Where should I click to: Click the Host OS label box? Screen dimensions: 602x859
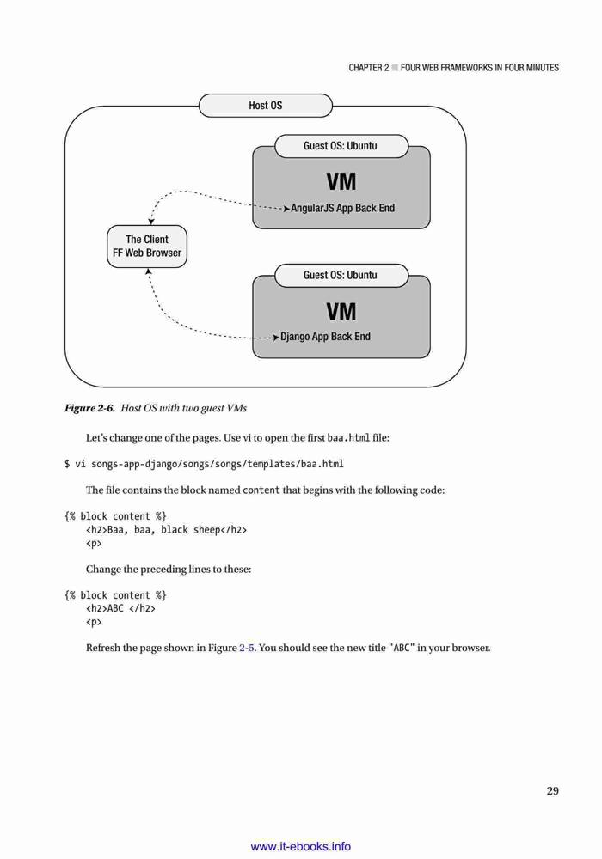266,105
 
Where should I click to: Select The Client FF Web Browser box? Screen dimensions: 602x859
147,247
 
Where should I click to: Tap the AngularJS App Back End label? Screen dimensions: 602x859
342,208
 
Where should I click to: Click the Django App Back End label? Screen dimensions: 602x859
325,337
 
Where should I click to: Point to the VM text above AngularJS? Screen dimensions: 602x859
341,182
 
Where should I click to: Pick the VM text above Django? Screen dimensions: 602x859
341,312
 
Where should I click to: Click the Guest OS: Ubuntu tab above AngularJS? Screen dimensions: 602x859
341,146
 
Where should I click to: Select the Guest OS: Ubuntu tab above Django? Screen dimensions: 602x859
341,276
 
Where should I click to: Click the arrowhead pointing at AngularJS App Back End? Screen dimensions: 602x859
286,209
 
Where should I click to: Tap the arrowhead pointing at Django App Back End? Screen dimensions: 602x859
276,338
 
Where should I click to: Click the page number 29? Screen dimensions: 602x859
553,790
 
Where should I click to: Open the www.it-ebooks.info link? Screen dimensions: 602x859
300,846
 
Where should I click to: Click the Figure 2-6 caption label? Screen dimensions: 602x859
90,408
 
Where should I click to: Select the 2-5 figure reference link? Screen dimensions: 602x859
247,648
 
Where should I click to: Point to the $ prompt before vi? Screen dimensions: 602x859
67,464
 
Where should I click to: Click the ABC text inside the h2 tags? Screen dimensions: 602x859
116,609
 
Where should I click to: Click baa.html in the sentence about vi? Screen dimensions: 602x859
348,438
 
